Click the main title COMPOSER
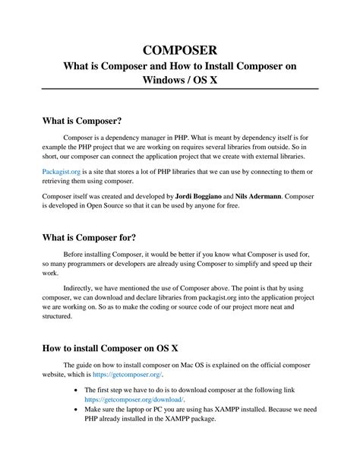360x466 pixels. click(180, 50)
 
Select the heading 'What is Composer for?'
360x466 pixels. click(89, 237)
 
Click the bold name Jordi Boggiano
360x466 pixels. click(204, 195)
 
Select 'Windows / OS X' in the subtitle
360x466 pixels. click(180, 80)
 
